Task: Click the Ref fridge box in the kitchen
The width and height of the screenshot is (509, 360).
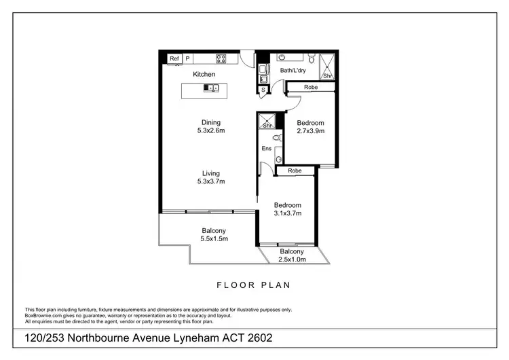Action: point(174,58)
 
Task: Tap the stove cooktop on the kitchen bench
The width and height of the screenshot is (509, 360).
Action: point(221,58)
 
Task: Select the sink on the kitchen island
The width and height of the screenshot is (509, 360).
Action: point(212,88)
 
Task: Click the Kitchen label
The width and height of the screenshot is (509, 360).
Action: point(204,74)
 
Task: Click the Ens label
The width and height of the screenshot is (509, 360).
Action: point(267,149)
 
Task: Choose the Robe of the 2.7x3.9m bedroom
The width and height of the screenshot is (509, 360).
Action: point(311,88)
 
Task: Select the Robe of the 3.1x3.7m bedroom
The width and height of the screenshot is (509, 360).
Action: point(295,171)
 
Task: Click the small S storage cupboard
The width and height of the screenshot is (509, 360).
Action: point(263,89)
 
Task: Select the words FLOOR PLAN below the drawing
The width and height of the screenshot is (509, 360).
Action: point(254,285)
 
